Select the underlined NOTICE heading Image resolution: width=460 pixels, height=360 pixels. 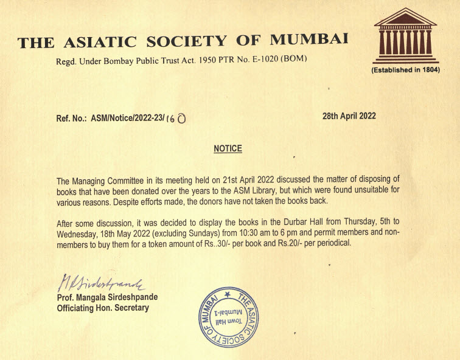228,148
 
